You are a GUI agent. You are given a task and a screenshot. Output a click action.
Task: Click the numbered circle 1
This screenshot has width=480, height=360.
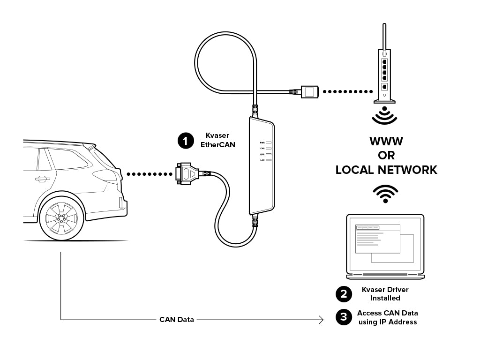tap(186, 141)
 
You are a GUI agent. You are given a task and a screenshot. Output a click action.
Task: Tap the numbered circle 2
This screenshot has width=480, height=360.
tap(344, 294)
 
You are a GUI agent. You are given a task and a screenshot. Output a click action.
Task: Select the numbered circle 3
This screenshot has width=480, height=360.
tap(344, 317)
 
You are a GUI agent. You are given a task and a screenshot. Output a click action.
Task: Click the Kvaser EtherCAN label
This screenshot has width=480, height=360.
tap(217, 140)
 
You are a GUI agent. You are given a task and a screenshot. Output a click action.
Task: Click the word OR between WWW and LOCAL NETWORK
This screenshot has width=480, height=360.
tap(386, 156)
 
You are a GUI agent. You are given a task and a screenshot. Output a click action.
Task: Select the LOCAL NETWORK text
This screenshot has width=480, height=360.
tap(386, 170)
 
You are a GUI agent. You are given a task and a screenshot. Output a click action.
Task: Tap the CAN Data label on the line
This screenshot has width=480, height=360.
tap(176, 320)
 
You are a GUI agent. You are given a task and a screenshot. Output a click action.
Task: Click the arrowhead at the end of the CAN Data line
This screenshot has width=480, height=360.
tap(322, 320)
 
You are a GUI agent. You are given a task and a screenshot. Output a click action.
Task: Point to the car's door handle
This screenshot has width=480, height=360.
tap(42, 179)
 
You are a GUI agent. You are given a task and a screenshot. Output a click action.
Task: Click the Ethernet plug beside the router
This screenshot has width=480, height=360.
tap(309, 92)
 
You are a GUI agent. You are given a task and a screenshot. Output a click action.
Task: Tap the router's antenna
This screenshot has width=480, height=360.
tap(384, 35)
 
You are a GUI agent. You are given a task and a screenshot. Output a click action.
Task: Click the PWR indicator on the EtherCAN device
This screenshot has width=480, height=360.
tap(269, 142)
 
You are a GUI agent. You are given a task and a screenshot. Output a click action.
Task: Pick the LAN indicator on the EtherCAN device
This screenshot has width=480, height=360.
tap(269, 160)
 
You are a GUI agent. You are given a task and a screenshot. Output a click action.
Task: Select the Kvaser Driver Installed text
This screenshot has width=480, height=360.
tap(385, 294)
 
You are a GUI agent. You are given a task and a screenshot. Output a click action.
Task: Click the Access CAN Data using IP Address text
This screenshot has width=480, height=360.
tap(387, 317)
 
